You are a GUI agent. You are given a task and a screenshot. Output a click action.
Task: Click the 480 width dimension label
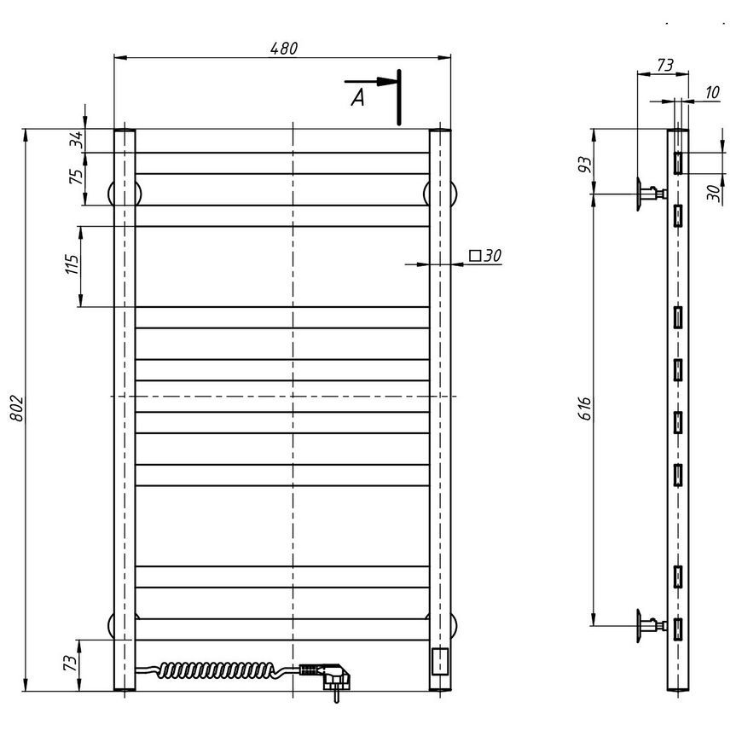click(x=284, y=49)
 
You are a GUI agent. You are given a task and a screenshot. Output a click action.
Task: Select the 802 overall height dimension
click(x=16, y=408)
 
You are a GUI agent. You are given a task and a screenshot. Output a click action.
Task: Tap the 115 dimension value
click(x=72, y=264)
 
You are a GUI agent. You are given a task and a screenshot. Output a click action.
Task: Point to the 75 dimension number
click(x=76, y=176)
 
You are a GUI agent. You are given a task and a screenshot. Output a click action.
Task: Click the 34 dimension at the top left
click(x=76, y=139)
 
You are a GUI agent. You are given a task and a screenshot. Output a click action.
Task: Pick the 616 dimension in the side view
click(x=585, y=408)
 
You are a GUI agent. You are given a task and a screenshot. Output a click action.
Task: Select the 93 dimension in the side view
click(x=585, y=165)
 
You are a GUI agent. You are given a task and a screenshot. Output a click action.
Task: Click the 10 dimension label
click(x=712, y=92)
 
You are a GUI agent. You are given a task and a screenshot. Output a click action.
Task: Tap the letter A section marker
click(x=358, y=97)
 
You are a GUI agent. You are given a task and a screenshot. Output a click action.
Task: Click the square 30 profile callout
click(x=485, y=256)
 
